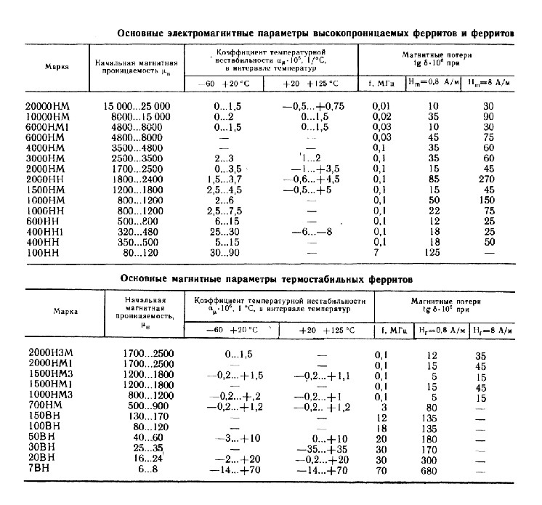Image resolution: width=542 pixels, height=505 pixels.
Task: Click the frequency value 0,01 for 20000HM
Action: pos(382,106)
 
